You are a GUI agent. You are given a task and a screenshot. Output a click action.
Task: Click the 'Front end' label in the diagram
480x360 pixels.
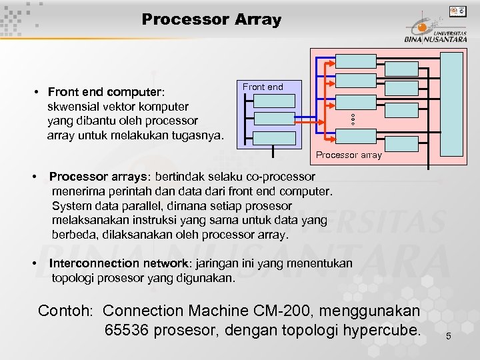coord(263,87)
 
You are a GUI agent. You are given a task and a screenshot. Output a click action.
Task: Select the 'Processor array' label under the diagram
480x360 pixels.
coord(349,155)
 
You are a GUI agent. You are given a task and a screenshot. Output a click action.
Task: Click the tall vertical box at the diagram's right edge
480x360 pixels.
coord(453,102)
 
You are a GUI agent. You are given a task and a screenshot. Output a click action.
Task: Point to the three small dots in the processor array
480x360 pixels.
coord(353,119)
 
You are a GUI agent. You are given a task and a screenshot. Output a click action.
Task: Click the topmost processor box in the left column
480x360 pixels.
coord(356,61)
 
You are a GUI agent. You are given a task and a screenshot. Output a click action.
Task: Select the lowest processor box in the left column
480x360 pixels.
coord(356,137)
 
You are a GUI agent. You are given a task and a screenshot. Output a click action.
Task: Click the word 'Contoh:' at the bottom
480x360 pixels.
coord(67,311)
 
